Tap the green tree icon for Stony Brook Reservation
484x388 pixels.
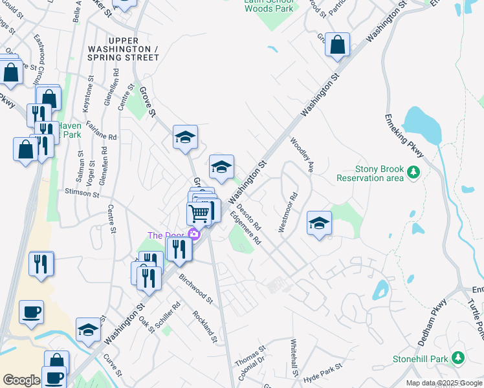tap(412, 173)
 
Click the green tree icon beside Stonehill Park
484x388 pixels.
tap(458, 358)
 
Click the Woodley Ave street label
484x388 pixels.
tap(302, 155)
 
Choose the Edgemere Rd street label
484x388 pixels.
tap(248, 230)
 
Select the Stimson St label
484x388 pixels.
tap(82, 192)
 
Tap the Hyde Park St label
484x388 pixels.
tap(321, 374)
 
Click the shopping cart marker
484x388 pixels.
tap(199, 213)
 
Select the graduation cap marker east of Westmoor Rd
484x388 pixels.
tap(319, 224)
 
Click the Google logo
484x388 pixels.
tap(21, 381)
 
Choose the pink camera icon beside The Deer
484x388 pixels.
tap(193, 234)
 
